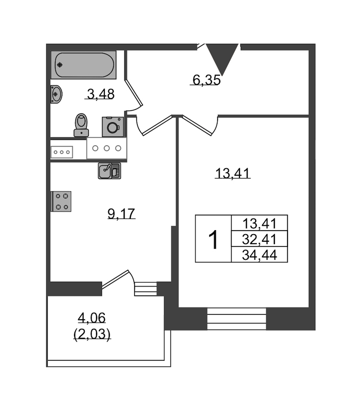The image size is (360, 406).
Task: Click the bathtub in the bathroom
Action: coord(84,65)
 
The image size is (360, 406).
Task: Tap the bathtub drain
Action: coord(60,65)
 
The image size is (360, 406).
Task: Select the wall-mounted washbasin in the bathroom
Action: coord(56,94)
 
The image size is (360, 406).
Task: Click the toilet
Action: coord(81,125)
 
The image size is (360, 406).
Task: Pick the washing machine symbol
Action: coord(113,127)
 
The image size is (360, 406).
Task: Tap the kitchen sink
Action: coord(109,171)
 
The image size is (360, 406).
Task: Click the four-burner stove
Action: coord(61,201)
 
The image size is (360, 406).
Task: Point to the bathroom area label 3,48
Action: coord(100,94)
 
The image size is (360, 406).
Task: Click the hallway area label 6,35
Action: coord(206,80)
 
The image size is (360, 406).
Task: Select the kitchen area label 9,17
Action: coord(121,213)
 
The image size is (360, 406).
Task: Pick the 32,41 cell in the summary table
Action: coord(260,239)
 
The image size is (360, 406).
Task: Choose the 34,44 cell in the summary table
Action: coord(260,255)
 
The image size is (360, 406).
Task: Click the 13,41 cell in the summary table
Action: coord(260,223)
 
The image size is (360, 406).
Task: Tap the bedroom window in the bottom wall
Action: coord(237,319)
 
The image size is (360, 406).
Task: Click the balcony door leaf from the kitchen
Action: coord(115,279)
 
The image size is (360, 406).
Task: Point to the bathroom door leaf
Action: coord(134,93)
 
